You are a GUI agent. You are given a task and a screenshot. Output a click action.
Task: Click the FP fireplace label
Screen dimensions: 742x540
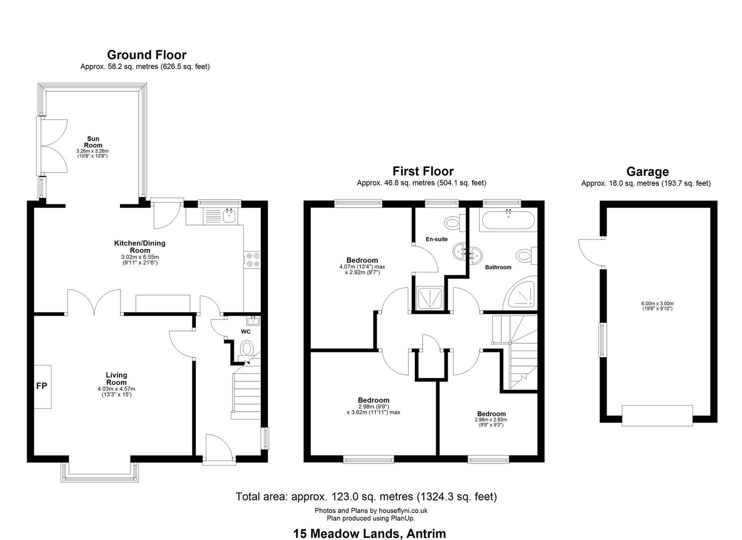(42, 386)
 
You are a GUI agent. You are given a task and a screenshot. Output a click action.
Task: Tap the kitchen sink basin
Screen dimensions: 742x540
(229, 216)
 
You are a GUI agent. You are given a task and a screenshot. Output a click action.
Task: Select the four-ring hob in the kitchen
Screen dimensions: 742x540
(252, 260)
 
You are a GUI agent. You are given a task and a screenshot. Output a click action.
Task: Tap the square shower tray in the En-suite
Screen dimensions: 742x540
(430, 298)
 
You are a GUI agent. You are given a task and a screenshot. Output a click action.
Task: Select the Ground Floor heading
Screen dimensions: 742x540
(146, 54)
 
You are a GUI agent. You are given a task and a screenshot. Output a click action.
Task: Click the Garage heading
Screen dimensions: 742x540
(648, 171)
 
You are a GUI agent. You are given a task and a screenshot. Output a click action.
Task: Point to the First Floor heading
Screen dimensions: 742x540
(423, 171)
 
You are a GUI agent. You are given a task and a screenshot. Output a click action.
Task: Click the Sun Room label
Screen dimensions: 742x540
(93, 142)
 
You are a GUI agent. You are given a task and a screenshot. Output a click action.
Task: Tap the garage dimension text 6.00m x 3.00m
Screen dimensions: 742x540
(658, 303)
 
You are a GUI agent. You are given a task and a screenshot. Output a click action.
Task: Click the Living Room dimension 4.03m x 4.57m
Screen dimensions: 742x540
(116, 389)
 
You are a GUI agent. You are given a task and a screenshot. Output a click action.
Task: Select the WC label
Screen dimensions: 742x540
(245, 331)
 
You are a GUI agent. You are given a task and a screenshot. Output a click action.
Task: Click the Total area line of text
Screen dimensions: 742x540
(366, 496)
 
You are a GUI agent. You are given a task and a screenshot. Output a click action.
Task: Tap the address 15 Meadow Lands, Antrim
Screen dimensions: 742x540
(369, 533)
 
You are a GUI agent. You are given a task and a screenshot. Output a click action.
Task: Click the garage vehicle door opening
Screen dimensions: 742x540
(657, 415)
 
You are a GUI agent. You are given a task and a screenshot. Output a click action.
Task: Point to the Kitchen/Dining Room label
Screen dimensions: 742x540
(140, 246)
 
